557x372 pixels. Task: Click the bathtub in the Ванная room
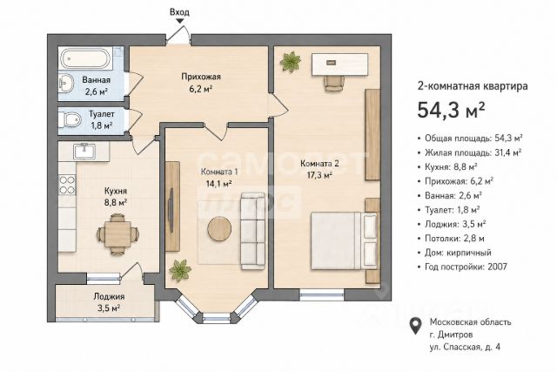pos(85,58)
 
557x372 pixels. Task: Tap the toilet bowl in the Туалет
pos(69,120)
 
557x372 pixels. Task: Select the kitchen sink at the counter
pos(84,151)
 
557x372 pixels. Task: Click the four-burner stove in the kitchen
pos(67,186)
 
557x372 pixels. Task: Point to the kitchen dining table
pos(117,233)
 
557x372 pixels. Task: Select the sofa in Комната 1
pos(252,231)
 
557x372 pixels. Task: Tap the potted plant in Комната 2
pos(291,62)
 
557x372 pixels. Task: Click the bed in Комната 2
pos(344,240)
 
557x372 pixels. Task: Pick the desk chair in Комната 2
pos(334,84)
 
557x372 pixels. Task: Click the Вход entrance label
pos(179,12)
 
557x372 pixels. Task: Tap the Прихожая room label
pos(201,77)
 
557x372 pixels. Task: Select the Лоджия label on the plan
pos(109,296)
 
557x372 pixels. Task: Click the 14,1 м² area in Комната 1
pos(218,184)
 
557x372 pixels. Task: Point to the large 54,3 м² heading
pos(451,110)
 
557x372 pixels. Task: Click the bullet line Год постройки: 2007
pos(466,267)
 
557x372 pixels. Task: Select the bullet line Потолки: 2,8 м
pos(451,239)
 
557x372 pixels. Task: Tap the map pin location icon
pos(416,326)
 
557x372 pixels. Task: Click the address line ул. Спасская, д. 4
pos(465,347)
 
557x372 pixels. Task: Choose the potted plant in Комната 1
pos(180,270)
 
